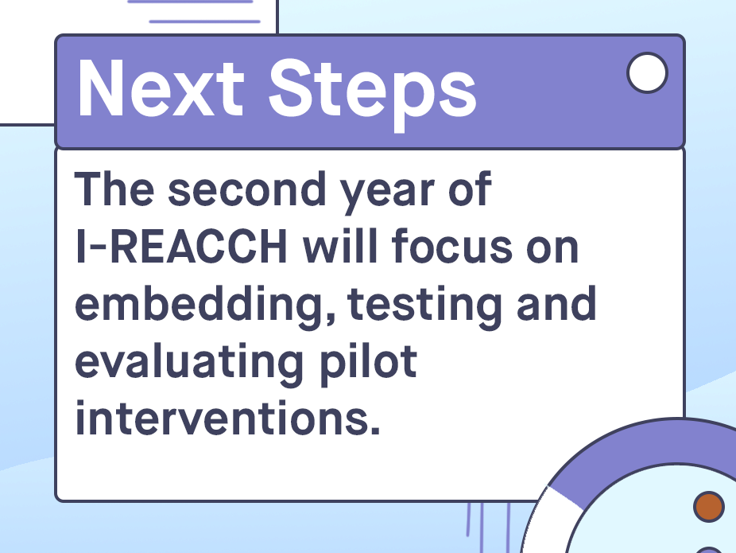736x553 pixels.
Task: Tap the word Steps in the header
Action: click(x=373, y=95)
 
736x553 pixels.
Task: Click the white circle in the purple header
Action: click(x=647, y=73)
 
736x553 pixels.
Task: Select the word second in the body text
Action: click(x=247, y=189)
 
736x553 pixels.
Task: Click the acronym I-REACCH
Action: click(x=181, y=246)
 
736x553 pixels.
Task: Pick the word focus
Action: click(x=452, y=245)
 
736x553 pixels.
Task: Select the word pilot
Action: click(x=369, y=365)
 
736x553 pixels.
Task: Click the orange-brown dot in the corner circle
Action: click(x=709, y=507)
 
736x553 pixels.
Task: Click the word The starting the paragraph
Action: click(x=114, y=189)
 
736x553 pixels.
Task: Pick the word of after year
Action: click(x=470, y=189)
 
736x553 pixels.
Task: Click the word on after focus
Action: click(x=552, y=250)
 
